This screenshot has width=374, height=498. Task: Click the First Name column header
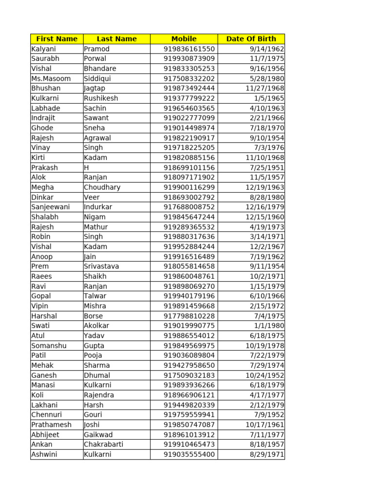[57, 39]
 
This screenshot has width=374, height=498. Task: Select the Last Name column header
[116, 39]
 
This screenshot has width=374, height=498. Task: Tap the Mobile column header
[184, 39]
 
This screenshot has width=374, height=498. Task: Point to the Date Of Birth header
[251, 39]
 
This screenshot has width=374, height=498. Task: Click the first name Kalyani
[44, 49]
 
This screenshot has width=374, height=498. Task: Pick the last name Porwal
[95, 59]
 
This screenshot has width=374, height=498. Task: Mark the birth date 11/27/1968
[265, 89]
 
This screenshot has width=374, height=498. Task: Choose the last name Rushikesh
[101, 98]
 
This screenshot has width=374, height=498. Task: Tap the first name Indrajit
[43, 118]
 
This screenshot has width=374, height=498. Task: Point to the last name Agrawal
[97, 138]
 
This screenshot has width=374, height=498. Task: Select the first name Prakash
[44, 168]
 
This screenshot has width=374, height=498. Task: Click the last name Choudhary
[102, 187]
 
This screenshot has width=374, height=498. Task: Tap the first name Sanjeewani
[51, 207]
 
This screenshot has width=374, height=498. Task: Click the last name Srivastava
[101, 267]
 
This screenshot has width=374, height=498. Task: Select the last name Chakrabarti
[103, 445]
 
